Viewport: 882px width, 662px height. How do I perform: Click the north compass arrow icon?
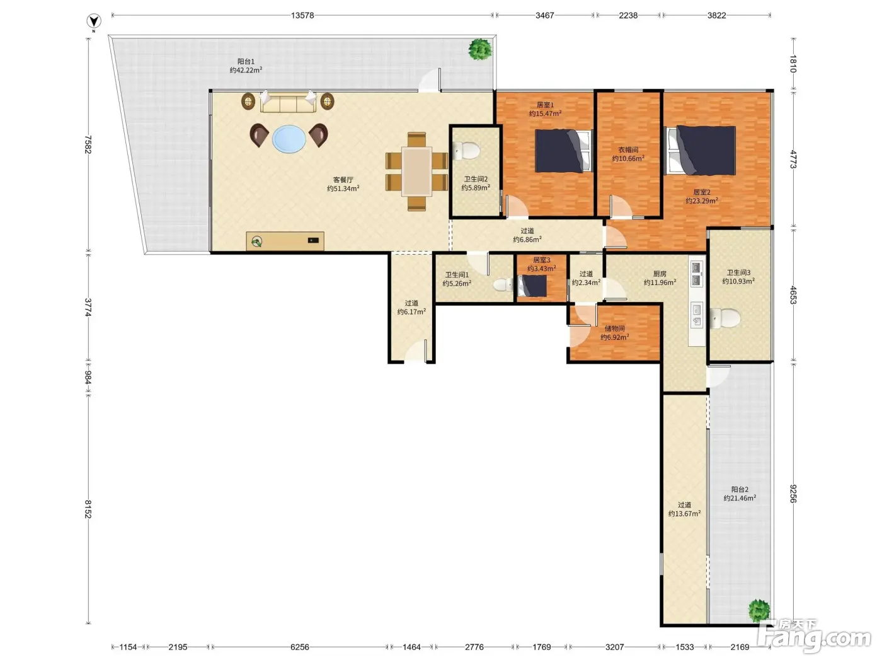[x=94, y=21]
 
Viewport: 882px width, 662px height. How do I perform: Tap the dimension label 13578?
[x=302, y=15]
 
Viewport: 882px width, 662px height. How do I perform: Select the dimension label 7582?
[x=88, y=145]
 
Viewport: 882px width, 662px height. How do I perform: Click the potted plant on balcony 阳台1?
[x=480, y=49]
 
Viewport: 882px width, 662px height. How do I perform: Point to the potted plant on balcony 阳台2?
[x=759, y=610]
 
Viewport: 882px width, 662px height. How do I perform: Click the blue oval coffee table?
[x=289, y=139]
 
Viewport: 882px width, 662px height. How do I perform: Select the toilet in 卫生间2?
[x=466, y=151]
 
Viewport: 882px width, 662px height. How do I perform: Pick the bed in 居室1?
[x=564, y=151]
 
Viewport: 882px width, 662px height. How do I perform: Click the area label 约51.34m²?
[x=343, y=189]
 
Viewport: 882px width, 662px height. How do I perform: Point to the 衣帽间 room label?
[x=628, y=149]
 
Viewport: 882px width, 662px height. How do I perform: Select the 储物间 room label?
[x=614, y=328]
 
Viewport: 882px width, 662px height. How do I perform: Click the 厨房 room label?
[x=660, y=274]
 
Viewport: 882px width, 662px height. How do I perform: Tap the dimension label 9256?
[x=793, y=494]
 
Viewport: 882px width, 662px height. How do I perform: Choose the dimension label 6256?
[x=299, y=647]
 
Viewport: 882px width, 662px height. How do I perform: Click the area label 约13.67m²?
[x=684, y=513]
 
